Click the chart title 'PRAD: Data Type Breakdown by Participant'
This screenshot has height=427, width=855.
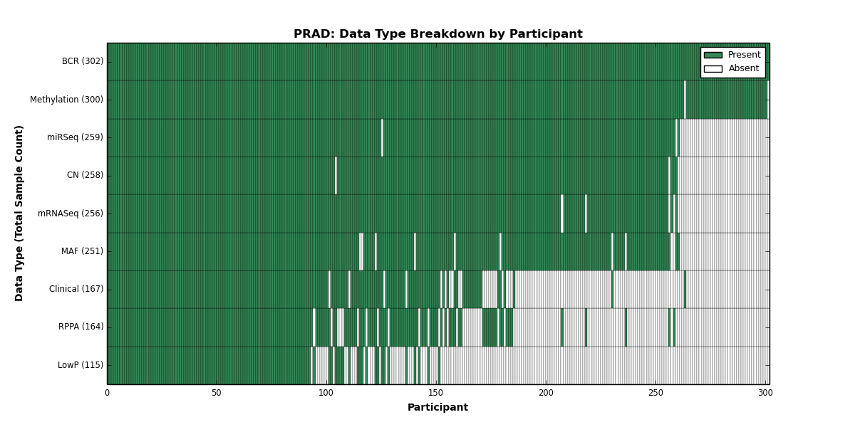tap(437, 34)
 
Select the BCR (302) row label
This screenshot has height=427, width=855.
tap(83, 61)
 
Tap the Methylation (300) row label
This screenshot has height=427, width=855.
tap(66, 100)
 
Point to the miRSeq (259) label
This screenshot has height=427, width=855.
tap(75, 137)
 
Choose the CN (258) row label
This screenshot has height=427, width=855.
tap(85, 175)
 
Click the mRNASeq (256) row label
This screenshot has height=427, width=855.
tap(71, 213)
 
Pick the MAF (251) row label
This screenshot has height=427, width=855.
tap(82, 251)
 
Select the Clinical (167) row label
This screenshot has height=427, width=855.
tap(76, 289)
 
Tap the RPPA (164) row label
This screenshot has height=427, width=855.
tap(81, 327)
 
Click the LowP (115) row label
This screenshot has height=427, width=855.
tap(80, 365)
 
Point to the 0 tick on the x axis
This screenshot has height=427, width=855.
tap(108, 393)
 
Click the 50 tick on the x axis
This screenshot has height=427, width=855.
tap(217, 393)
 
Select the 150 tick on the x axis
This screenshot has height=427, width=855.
tap(436, 393)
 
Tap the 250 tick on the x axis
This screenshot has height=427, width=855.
tap(655, 393)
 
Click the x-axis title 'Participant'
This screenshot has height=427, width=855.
tap(437, 407)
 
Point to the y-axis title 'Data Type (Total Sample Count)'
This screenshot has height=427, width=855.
tap(19, 213)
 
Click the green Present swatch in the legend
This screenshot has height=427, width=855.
tap(713, 56)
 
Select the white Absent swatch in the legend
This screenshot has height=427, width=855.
tap(713, 69)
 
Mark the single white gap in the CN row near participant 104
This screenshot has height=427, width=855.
tap(336, 175)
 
